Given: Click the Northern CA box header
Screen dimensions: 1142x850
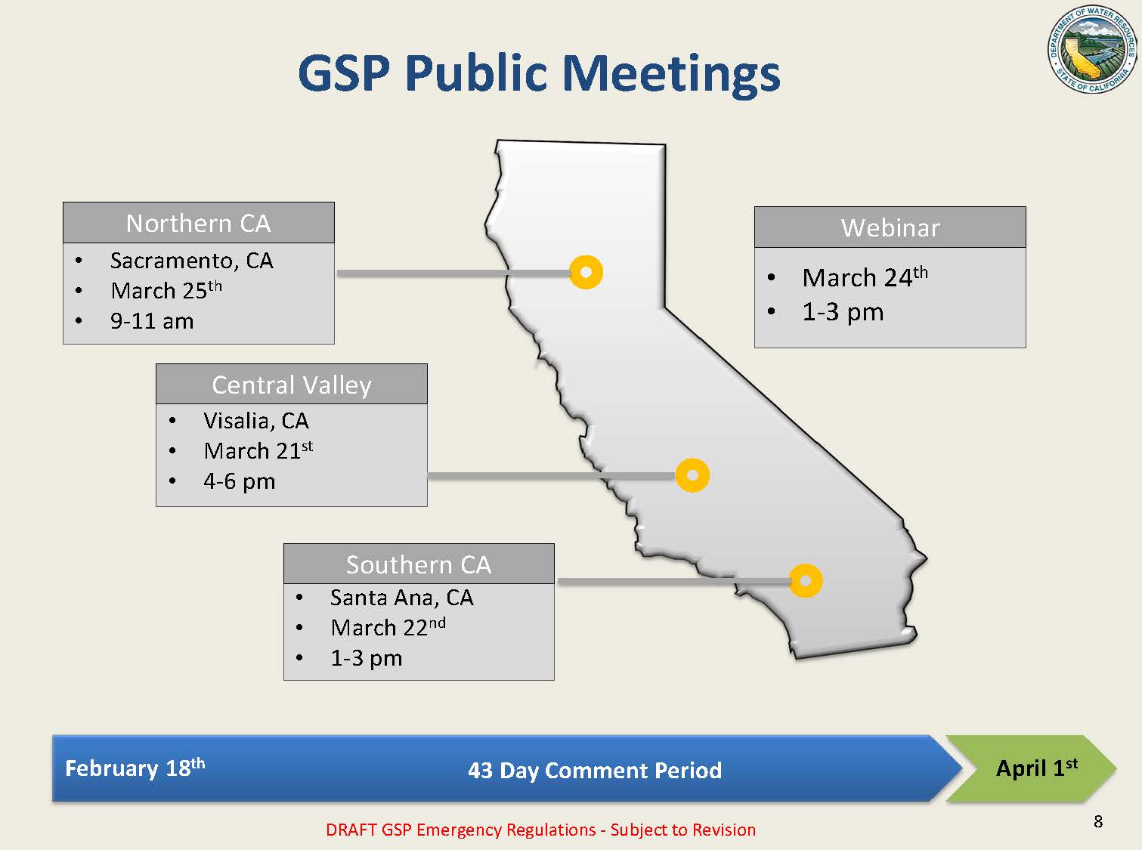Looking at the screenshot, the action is click(198, 223).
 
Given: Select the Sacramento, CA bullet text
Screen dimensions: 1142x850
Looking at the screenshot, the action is click(191, 261).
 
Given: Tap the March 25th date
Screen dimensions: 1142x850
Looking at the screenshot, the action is click(166, 290).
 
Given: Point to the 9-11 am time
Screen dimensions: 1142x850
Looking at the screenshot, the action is click(152, 321).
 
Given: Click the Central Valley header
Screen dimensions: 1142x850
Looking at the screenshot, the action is click(292, 385).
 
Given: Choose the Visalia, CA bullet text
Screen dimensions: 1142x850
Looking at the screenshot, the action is click(256, 421).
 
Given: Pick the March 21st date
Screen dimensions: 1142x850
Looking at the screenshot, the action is click(258, 450).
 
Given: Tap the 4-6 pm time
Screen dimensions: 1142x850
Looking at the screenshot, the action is click(240, 482).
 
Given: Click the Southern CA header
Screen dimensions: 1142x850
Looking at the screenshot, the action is click(419, 564).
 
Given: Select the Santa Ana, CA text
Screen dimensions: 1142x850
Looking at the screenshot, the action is click(401, 597).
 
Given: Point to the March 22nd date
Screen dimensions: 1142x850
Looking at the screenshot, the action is click(388, 627).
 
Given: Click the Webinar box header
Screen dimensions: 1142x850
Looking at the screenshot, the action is click(890, 227).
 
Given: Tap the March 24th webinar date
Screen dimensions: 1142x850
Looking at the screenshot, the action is click(865, 277).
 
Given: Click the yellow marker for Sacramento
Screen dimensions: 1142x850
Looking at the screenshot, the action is click(586, 272).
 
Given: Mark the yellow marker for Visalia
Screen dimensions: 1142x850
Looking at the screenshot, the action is click(692, 475).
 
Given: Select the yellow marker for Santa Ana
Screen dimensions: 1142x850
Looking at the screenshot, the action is click(805, 581).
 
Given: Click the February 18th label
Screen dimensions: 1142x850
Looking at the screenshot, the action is click(135, 768).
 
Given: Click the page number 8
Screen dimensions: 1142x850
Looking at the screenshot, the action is click(1098, 821).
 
